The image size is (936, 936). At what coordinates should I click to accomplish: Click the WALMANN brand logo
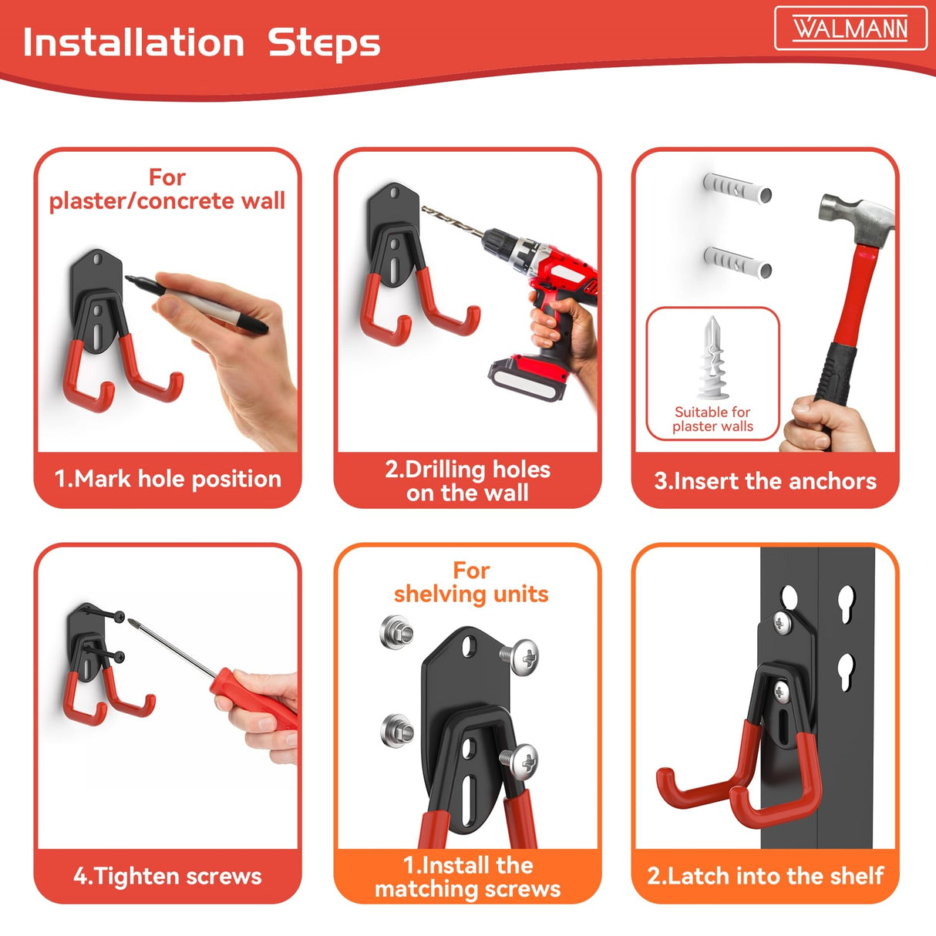850,29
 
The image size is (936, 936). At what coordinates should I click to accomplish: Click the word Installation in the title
133,42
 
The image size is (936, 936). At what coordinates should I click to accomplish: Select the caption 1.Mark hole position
167,479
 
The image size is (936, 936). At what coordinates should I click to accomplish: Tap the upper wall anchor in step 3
736,188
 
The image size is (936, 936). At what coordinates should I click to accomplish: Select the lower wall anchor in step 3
737,262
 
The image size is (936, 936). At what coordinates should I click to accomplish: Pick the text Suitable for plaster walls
712,419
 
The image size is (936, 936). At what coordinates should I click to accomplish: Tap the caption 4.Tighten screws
167,876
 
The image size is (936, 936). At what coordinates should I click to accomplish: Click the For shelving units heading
471,582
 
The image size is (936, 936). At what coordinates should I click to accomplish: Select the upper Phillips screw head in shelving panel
522,657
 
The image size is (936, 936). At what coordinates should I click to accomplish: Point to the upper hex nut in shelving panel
397,632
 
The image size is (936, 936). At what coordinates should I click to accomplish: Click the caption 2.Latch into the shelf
765,876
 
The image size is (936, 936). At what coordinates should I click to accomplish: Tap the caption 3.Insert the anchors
765,481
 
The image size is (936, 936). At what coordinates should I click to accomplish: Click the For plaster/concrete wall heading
167,189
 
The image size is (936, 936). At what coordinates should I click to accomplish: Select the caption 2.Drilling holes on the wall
467,481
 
